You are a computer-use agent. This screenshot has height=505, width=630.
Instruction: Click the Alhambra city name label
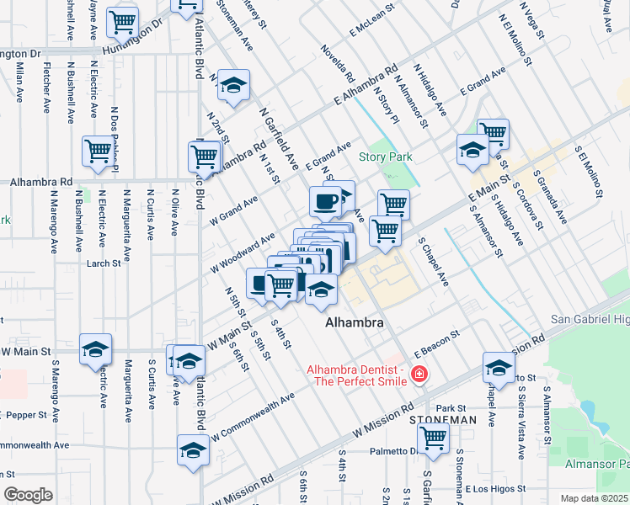pyautogui.click(x=355, y=323)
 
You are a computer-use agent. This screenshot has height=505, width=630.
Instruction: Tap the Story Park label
pyautogui.click(x=385, y=157)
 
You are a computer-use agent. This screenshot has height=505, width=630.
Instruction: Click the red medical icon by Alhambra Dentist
pyautogui.click(x=419, y=375)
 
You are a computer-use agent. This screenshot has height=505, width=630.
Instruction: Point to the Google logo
pyautogui.click(x=28, y=495)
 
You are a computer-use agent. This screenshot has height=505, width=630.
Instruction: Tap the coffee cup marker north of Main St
pyautogui.click(x=325, y=201)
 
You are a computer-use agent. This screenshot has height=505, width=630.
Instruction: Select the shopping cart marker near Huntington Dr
pyautogui.click(x=123, y=22)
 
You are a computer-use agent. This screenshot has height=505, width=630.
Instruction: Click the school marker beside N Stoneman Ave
pyautogui.click(x=233, y=85)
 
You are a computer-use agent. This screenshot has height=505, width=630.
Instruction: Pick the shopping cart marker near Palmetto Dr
pyautogui.click(x=433, y=438)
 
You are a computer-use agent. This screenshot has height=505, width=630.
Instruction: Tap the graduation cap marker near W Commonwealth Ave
pyautogui.click(x=193, y=450)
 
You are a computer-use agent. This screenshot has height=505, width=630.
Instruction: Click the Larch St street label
pyautogui.click(x=104, y=263)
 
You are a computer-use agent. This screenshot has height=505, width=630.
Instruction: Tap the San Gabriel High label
pyautogui.click(x=590, y=320)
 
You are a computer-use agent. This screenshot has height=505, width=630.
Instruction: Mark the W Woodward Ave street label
pyautogui.click(x=243, y=253)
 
